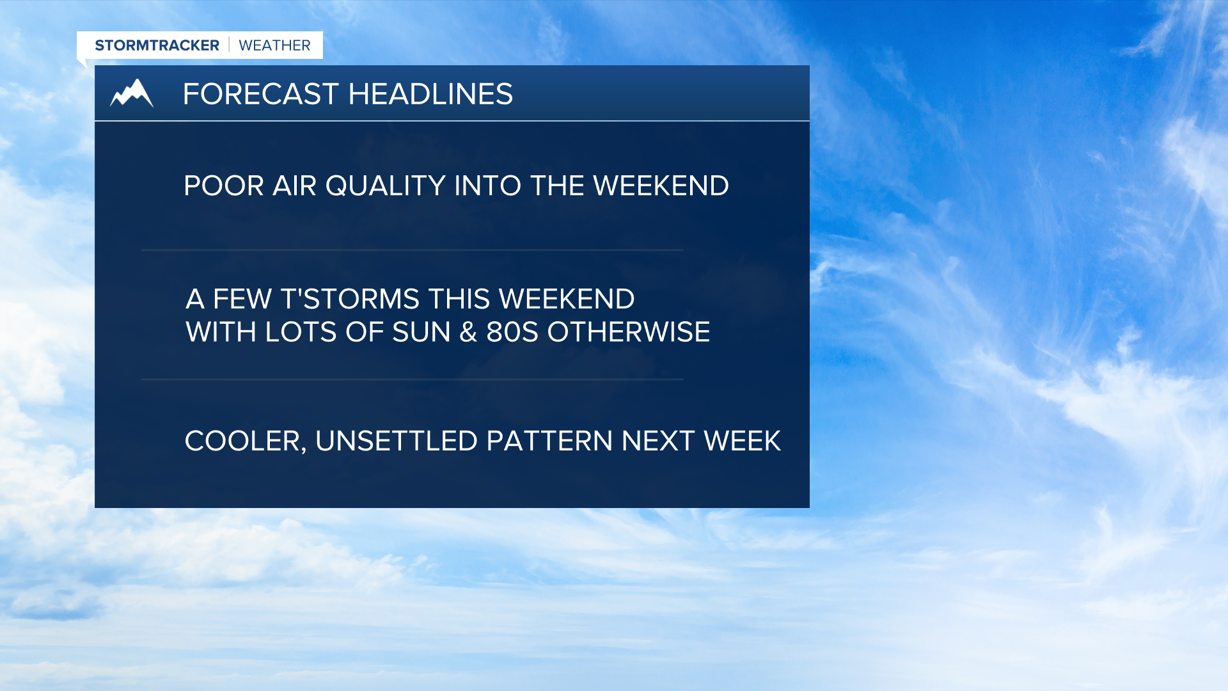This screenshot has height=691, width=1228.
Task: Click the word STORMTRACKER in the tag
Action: (x=157, y=45)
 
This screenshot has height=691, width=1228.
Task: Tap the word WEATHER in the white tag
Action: (x=274, y=45)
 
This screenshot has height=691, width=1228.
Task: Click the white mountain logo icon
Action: (x=132, y=93)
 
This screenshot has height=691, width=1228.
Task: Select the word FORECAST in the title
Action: (x=260, y=94)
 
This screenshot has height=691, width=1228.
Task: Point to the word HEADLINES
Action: (x=430, y=94)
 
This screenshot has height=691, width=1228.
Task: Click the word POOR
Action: (x=223, y=186)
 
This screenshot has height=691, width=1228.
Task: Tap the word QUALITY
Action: (x=385, y=186)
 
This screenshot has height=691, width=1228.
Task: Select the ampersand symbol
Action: (x=468, y=332)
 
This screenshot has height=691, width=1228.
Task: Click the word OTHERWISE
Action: (x=628, y=332)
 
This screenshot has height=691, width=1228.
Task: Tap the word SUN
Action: (x=421, y=332)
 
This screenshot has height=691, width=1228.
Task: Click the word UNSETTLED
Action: (x=396, y=441)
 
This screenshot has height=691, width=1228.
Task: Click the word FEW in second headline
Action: (x=242, y=299)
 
